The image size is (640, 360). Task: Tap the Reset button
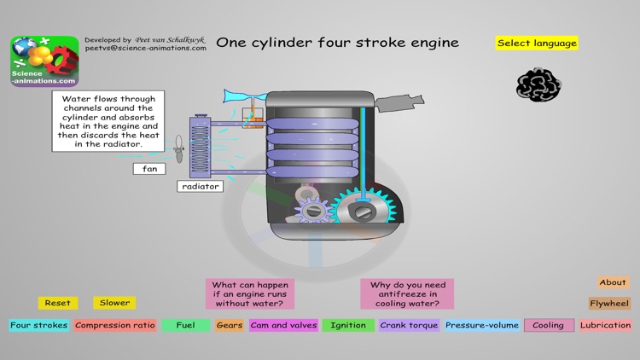58,303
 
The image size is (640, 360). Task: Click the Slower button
114,303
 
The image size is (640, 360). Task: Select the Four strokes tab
38,325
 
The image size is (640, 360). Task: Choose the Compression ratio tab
115,325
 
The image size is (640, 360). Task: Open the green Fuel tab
185,325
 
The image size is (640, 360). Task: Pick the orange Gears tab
230,325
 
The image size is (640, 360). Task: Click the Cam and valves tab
284,325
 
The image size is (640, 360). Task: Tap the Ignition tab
348,325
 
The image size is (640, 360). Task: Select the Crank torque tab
410,325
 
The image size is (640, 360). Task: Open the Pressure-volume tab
482,325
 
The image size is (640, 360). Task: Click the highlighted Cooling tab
549,325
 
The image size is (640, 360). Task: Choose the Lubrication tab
606,325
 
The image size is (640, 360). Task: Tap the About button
613,282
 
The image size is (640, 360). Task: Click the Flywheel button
609,303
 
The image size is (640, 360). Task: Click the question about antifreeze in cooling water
407,294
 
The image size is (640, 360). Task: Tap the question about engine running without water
250,294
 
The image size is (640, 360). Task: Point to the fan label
149,169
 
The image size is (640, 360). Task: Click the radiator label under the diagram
201,186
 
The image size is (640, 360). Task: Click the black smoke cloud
538,84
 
